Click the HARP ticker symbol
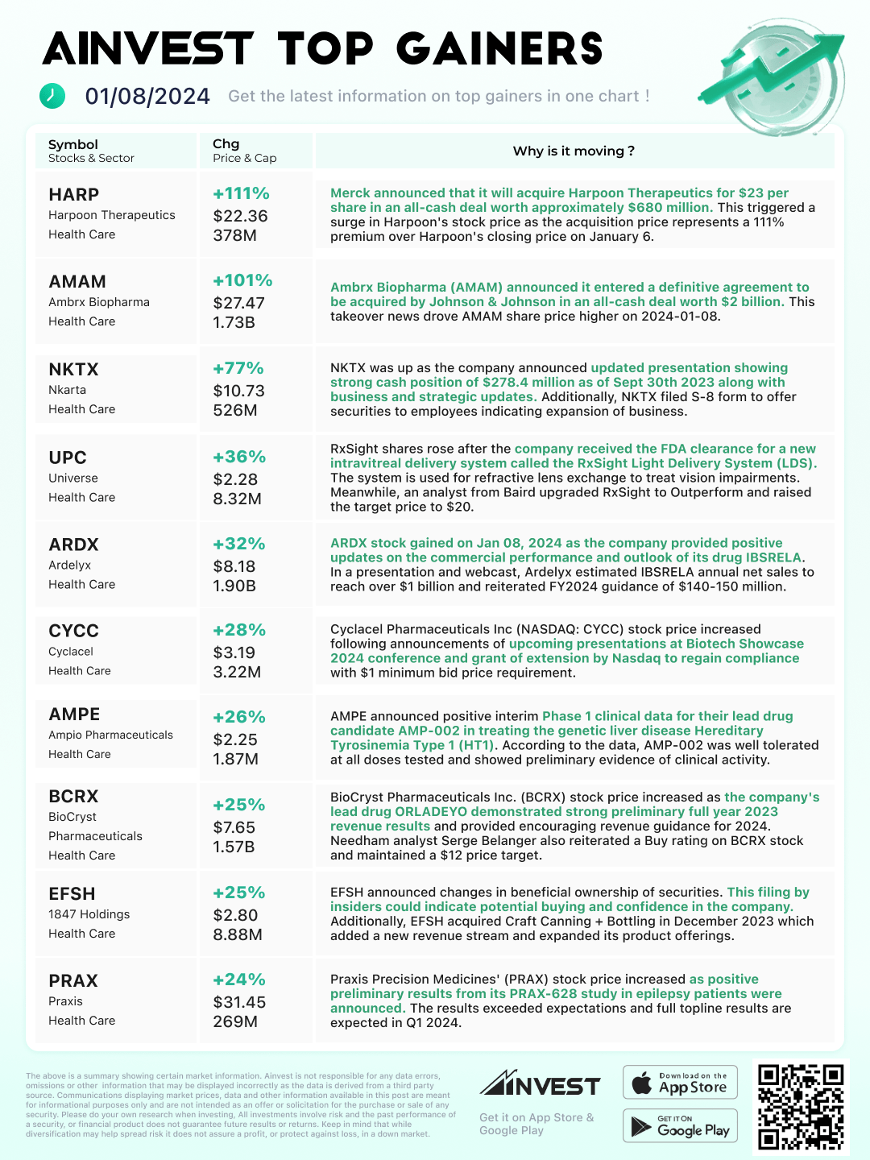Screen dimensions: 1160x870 (x=74, y=195)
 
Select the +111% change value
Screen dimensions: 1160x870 (x=241, y=194)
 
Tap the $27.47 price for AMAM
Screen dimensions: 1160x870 (x=239, y=303)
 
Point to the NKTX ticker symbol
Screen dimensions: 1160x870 (x=73, y=370)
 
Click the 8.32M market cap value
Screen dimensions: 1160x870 (x=237, y=499)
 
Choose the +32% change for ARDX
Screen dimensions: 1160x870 (x=239, y=544)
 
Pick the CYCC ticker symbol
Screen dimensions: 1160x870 (x=73, y=631)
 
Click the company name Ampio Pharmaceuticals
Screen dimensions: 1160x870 (x=110, y=735)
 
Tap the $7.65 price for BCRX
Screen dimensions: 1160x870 (x=234, y=827)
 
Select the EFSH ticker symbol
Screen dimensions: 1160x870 (x=72, y=894)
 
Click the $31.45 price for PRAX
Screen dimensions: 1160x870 (x=239, y=1002)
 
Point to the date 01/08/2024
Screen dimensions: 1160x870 (x=147, y=97)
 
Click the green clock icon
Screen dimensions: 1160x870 (x=52, y=95)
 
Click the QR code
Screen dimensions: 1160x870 (x=801, y=1106)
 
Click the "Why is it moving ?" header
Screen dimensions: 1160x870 (x=574, y=151)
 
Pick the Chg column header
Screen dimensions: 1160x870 (x=226, y=144)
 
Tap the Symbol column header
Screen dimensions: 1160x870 (x=73, y=145)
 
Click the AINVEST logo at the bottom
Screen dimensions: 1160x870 (x=540, y=1084)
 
